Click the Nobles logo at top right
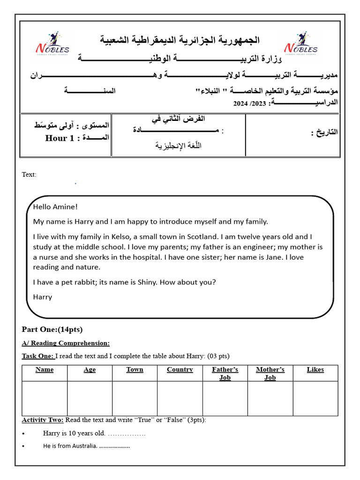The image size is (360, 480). pyautogui.click(x=300, y=44)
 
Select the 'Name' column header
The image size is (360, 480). pyautogui.click(x=45, y=369)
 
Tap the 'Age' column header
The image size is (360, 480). pyautogui.click(x=90, y=369)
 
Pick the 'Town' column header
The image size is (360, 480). pyautogui.click(x=135, y=369)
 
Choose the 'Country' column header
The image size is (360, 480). pyautogui.click(x=180, y=369)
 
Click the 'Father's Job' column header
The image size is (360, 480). pyautogui.click(x=225, y=373)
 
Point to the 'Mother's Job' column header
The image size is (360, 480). pyautogui.click(x=270, y=373)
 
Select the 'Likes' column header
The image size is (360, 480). pyautogui.click(x=315, y=369)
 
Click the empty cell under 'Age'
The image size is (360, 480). pyautogui.click(x=90, y=398)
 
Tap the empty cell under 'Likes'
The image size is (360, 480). pyautogui.click(x=315, y=398)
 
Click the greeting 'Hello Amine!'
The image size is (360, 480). pyautogui.click(x=55, y=207)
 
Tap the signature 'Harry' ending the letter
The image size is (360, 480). pyautogui.click(x=43, y=297)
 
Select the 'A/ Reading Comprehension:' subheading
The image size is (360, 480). pyautogui.click(x=66, y=343)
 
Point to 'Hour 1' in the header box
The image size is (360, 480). pyautogui.click(x=60, y=138)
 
